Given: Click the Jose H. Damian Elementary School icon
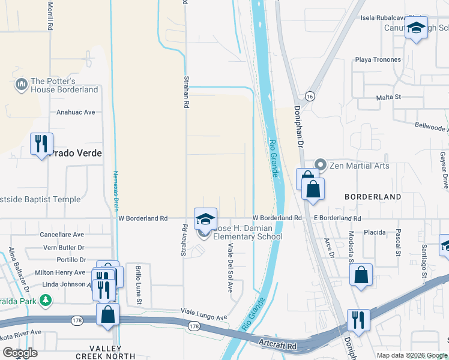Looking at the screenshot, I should click(205, 218).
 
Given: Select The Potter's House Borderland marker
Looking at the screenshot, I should click(22, 85).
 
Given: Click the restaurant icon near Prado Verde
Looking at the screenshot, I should click(41, 144).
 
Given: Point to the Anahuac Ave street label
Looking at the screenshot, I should click(76, 112).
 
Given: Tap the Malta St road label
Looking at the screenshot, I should click(388, 97).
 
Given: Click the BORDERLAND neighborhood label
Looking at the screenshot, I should click(372, 197).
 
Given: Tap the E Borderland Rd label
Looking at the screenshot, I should click(336, 218).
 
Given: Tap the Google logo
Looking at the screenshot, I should click(20, 353).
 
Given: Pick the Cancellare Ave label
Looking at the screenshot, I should click(62, 235).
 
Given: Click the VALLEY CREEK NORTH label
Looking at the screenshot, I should click(113, 352).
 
